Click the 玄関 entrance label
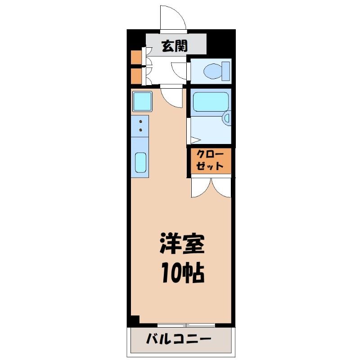click(175, 46)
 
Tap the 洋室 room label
click(182, 243)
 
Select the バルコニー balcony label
click(179, 339)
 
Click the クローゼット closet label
click(210, 160)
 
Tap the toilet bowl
click(212, 71)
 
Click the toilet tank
click(226, 71)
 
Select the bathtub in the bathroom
click(211, 102)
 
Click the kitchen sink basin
click(140, 162)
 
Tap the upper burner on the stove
click(140, 121)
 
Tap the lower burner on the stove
click(140, 130)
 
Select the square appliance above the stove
click(142, 101)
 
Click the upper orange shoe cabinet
click(136, 57)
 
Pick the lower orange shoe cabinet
click(136, 76)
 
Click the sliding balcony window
click(186, 325)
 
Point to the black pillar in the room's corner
click(135, 319)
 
